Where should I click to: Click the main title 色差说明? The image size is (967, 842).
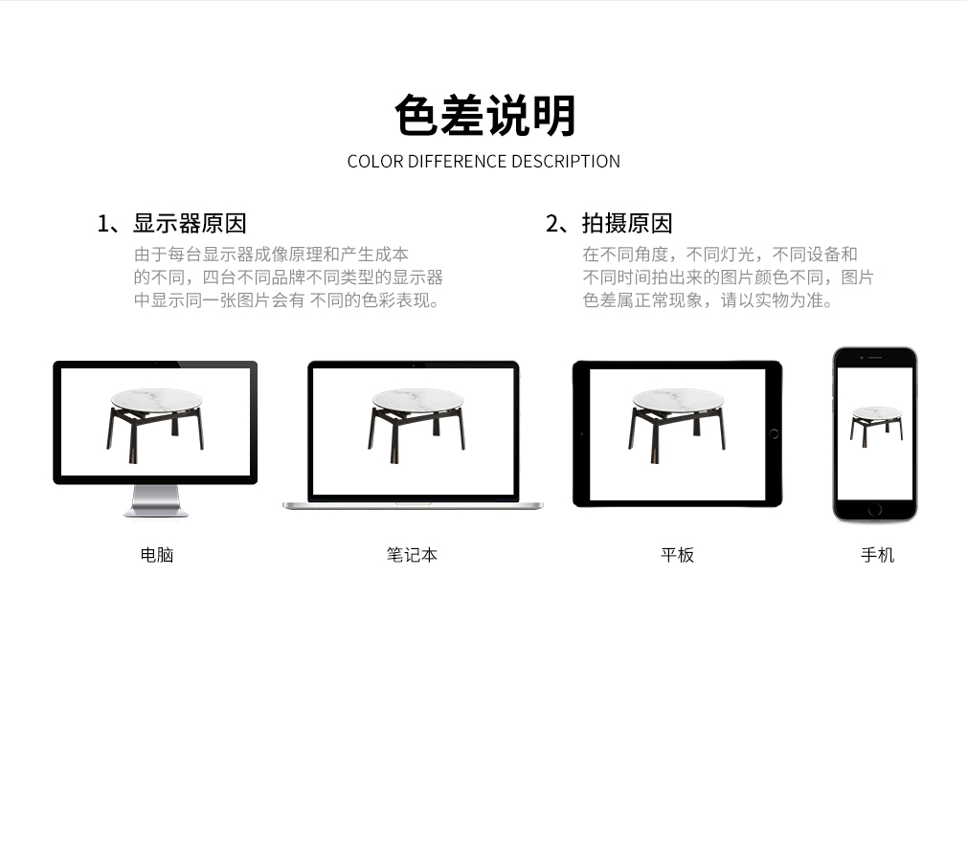click(484, 115)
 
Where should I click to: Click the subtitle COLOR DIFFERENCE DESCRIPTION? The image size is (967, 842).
click(483, 162)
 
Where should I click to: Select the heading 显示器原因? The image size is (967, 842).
click(190, 223)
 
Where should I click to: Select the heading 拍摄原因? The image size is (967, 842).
click(626, 223)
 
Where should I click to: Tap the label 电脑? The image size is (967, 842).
click(157, 555)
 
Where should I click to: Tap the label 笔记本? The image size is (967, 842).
click(412, 555)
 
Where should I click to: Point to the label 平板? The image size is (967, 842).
click(677, 555)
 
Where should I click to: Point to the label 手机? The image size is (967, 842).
click(877, 555)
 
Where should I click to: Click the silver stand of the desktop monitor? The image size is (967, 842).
click(155, 500)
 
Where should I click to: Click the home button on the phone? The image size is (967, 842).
click(874, 510)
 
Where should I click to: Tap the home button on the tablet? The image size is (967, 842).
click(774, 434)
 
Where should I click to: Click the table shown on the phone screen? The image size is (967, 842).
click(876, 427)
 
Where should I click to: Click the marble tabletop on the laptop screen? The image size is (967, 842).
click(417, 399)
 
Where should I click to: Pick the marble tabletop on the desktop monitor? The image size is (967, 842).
click(157, 399)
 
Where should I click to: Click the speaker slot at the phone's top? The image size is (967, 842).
click(875, 358)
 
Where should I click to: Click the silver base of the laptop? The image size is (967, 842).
click(414, 506)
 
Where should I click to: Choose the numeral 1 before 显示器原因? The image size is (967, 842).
click(102, 224)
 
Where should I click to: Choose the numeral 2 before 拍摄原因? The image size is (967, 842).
click(551, 224)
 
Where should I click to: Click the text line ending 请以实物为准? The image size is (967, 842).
click(708, 300)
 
